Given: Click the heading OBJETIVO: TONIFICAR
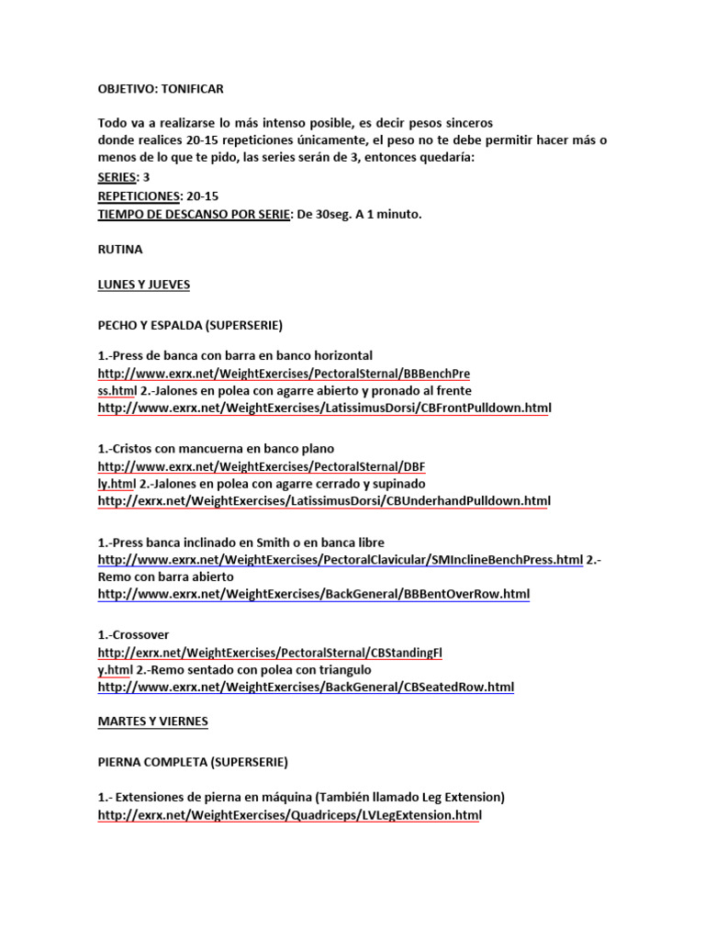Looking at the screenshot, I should [161, 89].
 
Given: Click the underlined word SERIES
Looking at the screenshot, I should [117, 177].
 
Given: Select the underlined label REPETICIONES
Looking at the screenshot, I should [138, 196].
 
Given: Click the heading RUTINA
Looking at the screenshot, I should [120, 249].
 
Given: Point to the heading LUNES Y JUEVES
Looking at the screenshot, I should [143, 285].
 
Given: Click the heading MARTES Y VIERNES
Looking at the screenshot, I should [152, 722].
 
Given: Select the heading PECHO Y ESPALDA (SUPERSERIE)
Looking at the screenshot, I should [190, 326].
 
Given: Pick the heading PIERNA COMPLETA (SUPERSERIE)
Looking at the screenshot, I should [192, 762].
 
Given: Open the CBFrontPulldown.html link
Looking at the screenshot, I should [323, 408].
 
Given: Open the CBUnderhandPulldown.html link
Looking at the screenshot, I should [323, 501].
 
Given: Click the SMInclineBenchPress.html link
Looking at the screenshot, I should [340, 559].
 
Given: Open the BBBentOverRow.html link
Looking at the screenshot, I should [313, 594].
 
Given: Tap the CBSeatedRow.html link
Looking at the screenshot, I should [306, 687].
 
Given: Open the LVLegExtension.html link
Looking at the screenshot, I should [288, 815].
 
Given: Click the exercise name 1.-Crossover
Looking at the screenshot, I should [133, 634].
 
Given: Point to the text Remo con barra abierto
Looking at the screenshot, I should [165, 576].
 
